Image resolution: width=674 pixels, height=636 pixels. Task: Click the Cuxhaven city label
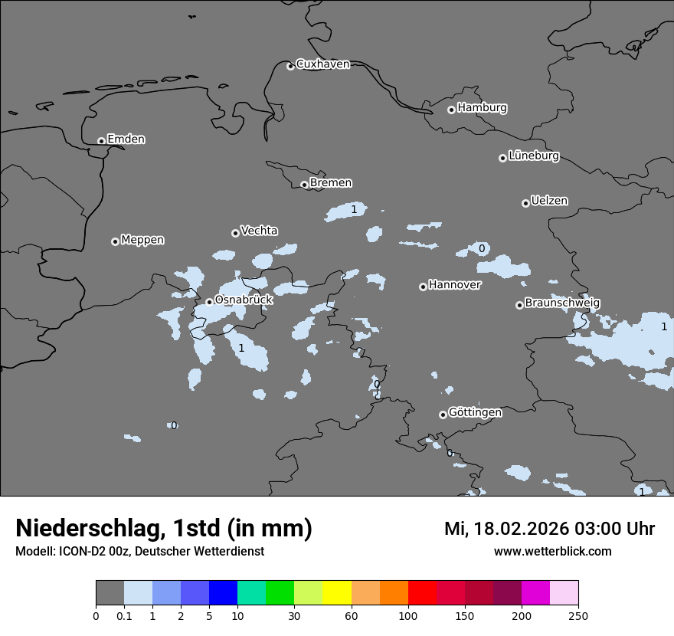tap(322, 64)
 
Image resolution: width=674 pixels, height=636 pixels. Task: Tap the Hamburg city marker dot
tap(451, 110)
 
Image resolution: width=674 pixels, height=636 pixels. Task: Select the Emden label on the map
tap(126, 139)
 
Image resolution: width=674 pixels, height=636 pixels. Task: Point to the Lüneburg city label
tap(533, 156)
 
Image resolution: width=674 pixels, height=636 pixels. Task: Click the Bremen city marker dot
tap(304, 185)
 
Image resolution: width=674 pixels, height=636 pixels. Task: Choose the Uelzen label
tap(549, 201)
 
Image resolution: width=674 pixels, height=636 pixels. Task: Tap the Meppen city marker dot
tap(115, 241)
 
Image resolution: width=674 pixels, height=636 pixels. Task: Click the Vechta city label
tap(259, 231)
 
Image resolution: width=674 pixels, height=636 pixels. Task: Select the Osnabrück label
tap(244, 300)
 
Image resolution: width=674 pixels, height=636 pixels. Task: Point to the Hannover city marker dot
tap(423, 287)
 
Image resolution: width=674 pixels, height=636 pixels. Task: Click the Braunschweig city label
tap(562, 303)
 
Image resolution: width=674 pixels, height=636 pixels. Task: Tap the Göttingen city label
tap(475, 412)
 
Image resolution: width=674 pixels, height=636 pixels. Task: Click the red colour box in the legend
tap(422, 593)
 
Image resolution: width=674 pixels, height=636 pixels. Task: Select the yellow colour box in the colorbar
tap(337, 593)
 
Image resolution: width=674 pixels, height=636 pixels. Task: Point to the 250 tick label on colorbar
tap(578, 615)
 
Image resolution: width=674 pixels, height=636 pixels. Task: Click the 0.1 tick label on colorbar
tap(124, 615)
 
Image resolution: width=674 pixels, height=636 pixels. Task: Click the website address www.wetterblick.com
tap(552, 552)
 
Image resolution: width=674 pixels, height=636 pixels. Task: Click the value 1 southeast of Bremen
tap(354, 209)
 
